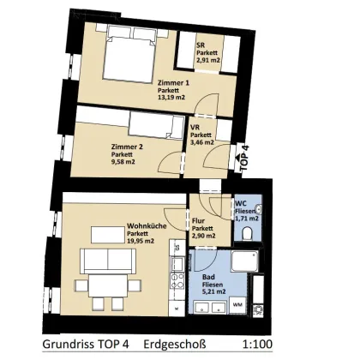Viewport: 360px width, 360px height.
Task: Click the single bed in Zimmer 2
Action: (x=137, y=128)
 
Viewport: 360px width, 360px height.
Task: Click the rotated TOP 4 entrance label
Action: (x=245, y=159)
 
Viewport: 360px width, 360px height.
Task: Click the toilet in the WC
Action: (x=260, y=208)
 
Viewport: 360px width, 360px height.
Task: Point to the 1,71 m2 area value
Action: (x=248, y=220)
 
